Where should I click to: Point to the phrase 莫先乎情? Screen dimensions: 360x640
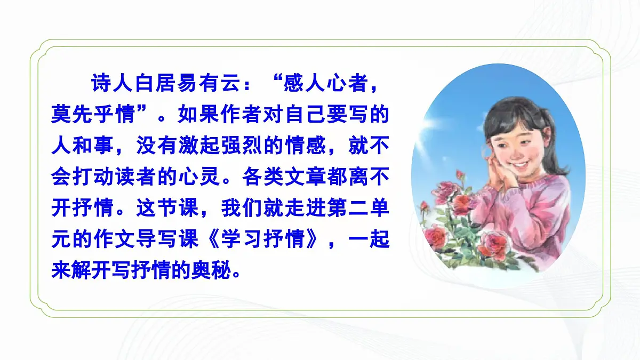(92, 114)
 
